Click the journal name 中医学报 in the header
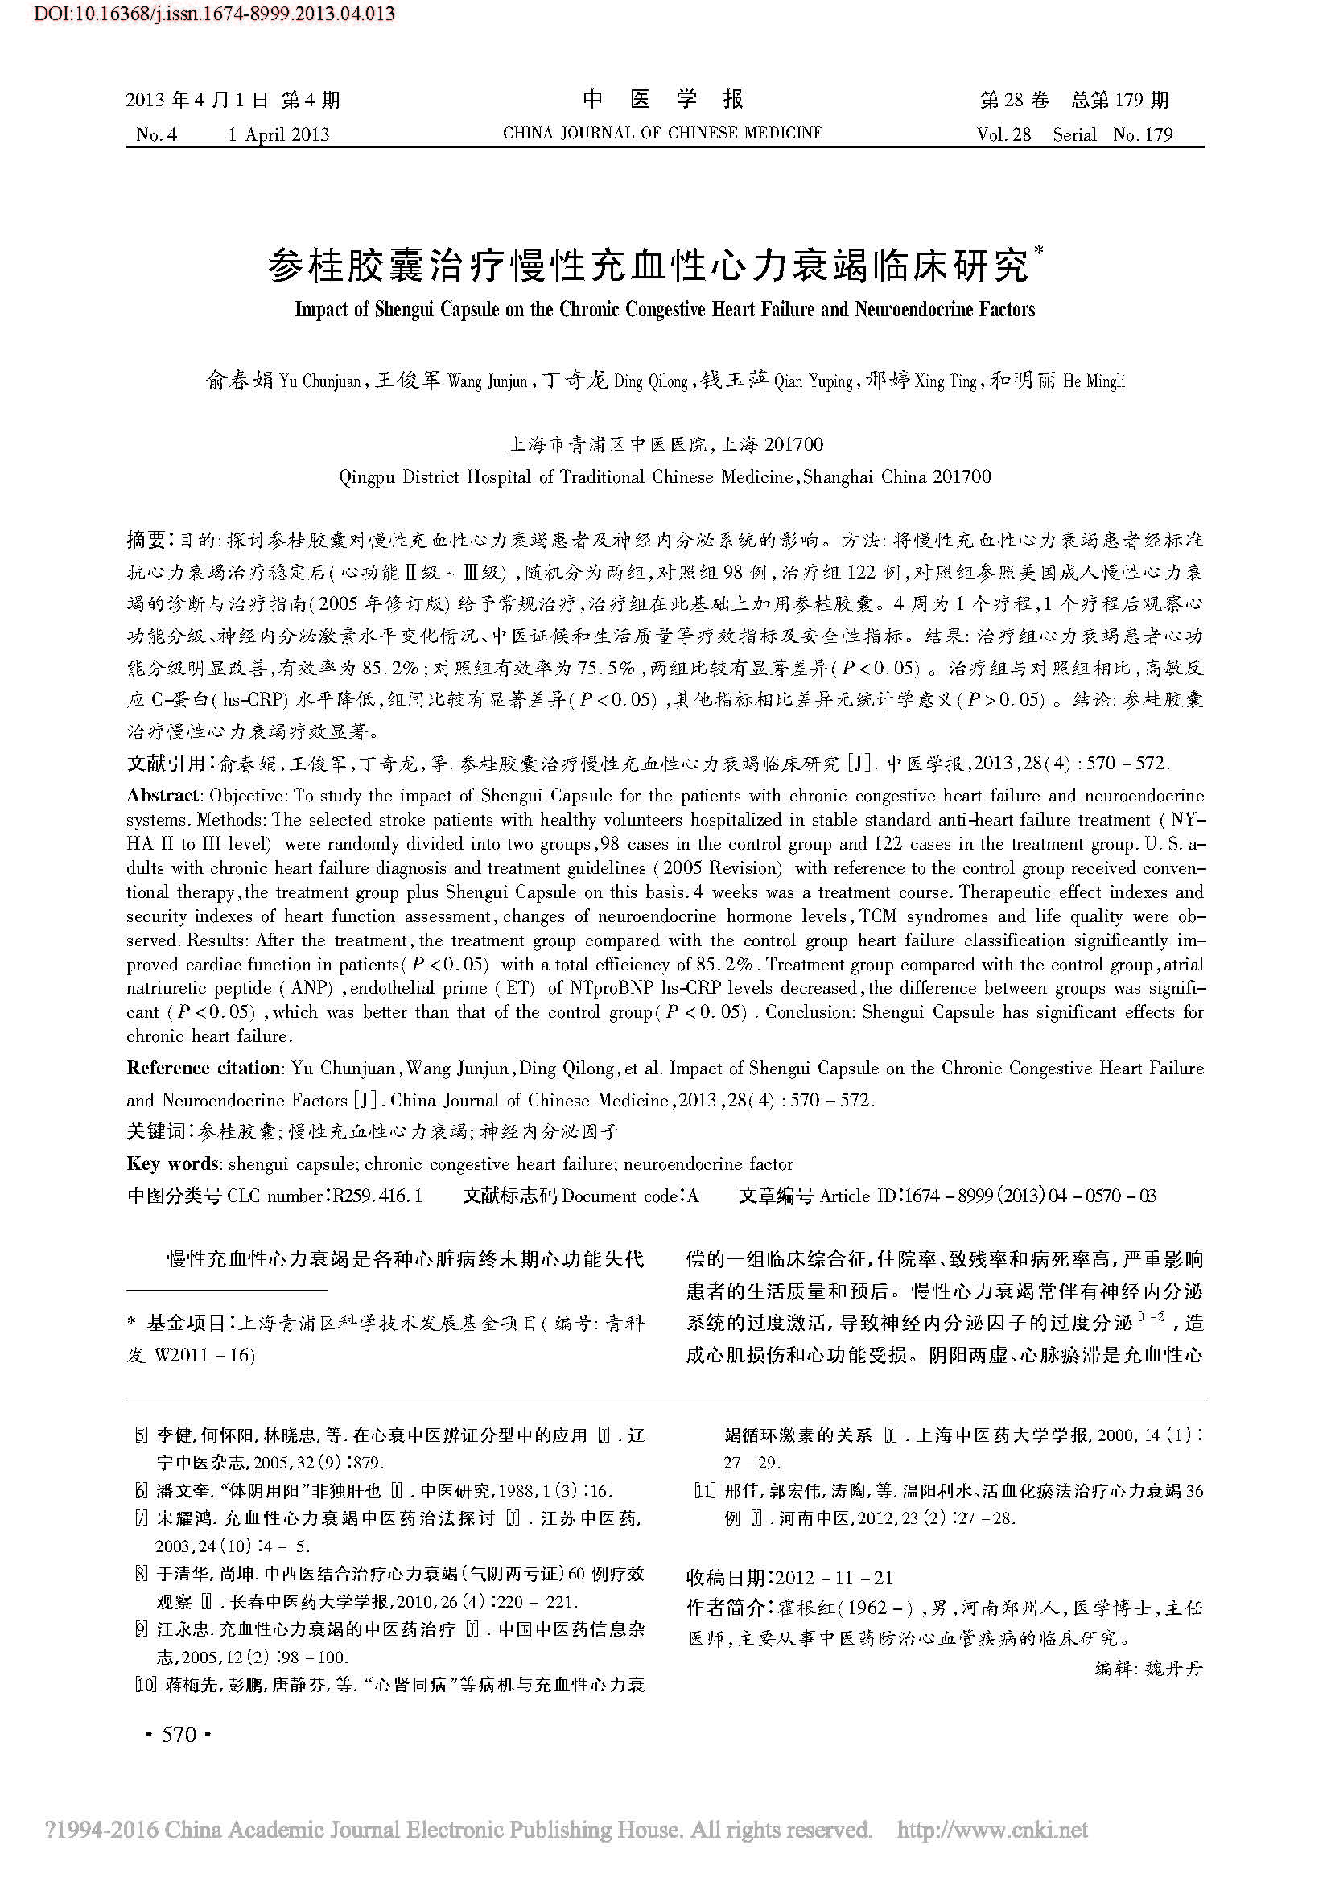click(x=663, y=100)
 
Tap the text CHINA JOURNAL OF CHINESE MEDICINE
click(x=663, y=134)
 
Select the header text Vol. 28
click(x=1004, y=134)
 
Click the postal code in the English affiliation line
click(x=962, y=477)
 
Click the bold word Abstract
click(x=163, y=795)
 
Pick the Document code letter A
click(x=694, y=1196)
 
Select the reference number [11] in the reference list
click(x=705, y=1491)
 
